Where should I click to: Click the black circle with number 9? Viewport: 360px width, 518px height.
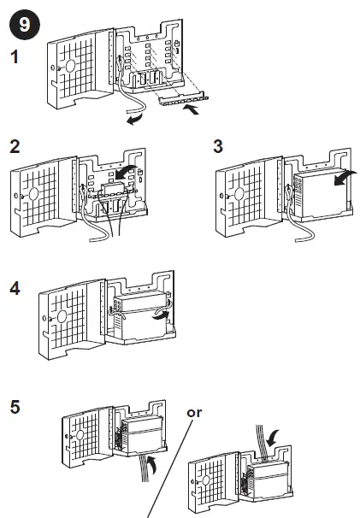(x=23, y=23)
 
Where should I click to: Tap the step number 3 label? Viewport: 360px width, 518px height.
(x=219, y=144)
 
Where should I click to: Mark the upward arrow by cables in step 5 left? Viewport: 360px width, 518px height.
(x=152, y=465)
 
